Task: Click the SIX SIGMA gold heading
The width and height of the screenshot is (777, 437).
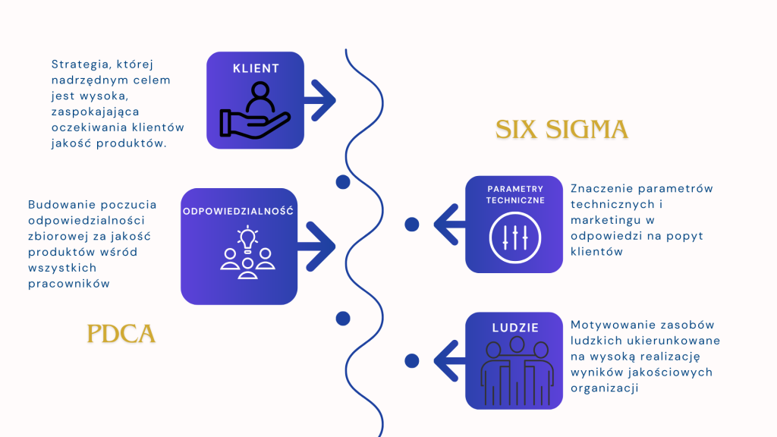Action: (562, 129)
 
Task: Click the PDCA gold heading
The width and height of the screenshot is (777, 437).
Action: (121, 333)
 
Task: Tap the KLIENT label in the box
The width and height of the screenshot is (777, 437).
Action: (256, 68)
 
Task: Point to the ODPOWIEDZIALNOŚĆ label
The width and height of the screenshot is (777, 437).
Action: (238, 211)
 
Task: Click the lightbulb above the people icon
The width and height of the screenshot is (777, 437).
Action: (247, 237)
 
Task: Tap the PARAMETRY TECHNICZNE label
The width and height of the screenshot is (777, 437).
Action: (515, 194)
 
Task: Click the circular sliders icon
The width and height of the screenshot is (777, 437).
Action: (514, 236)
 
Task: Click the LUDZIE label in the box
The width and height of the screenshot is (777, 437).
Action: (514, 328)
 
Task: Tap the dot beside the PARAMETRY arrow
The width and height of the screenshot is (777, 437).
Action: (412, 225)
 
